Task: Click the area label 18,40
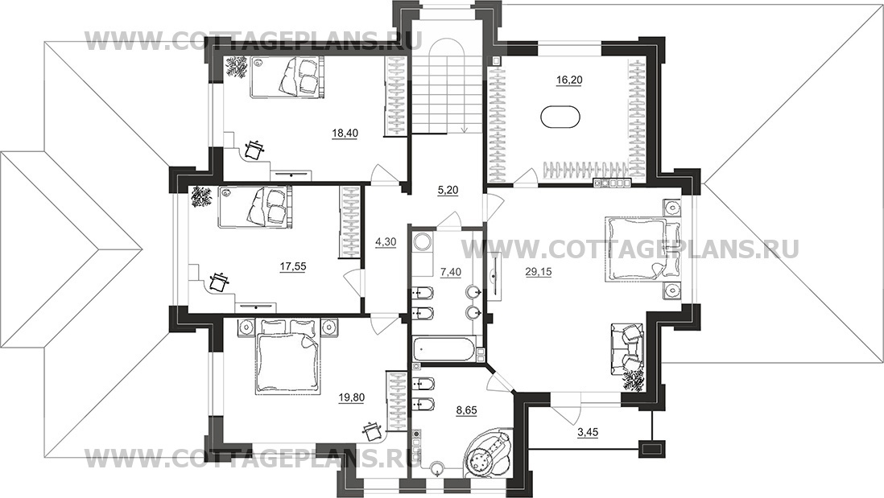[345, 133]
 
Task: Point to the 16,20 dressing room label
[569, 80]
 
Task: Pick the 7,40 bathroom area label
[451, 272]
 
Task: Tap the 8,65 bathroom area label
[466, 410]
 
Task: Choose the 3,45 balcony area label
[587, 433]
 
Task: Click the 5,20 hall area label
[448, 191]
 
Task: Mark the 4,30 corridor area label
[386, 241]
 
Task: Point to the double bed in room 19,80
[288, 356]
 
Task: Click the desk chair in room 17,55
[217, 282]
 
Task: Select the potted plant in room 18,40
[237, 67]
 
